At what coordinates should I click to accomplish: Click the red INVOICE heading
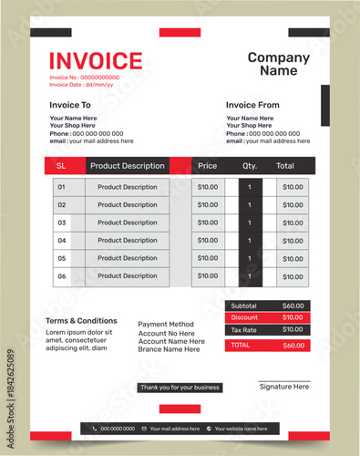[96, 61]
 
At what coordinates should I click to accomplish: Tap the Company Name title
[279, 64]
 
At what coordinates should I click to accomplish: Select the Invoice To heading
[70, 105]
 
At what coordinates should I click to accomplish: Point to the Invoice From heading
[252, 105]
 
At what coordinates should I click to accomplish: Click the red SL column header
[61, 166]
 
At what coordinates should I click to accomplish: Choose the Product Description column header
[128, 166]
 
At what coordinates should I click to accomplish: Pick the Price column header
[208, 166]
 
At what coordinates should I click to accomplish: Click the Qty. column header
[250, 166]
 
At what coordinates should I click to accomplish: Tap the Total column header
[285, 166]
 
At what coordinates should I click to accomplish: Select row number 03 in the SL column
[62, 223]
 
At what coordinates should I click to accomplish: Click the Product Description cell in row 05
[128, 258]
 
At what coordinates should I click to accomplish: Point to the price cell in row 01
[208, 187]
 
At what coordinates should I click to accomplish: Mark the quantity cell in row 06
[250, 275]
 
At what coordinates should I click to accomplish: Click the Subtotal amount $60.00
[293, 306]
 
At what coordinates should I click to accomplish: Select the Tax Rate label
[243, 329]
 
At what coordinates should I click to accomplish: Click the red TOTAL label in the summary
[241, 346]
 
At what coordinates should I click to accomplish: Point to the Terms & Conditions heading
[81, 321]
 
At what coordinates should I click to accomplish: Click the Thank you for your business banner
[180, 388]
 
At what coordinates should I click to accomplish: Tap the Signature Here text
[283, 387]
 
